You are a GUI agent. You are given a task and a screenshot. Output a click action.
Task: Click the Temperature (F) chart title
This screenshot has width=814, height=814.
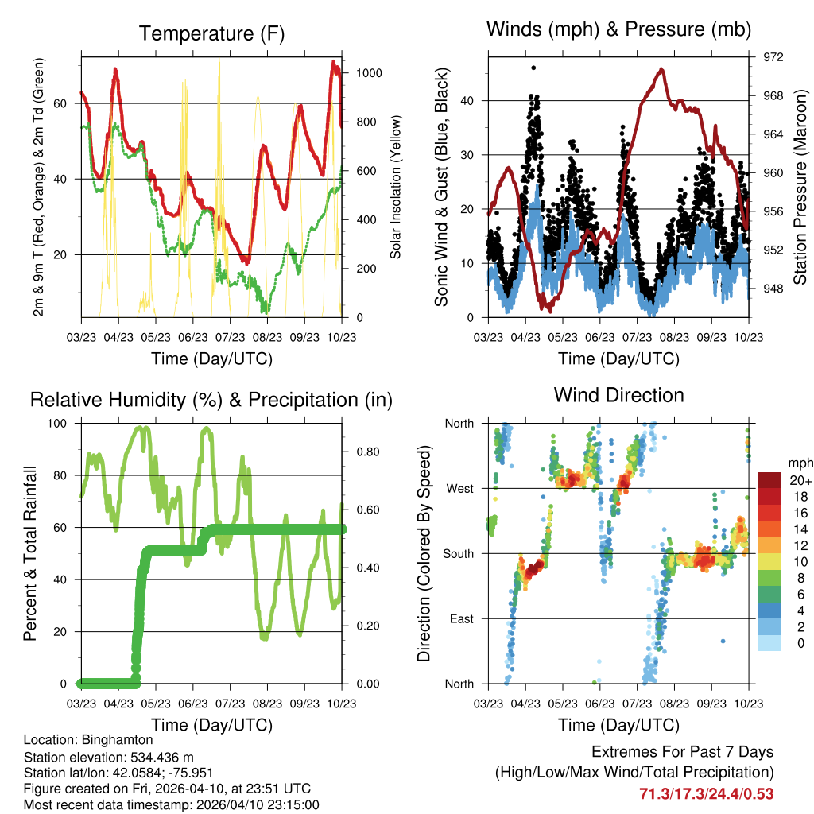pyautogui.click(x=211, y=33)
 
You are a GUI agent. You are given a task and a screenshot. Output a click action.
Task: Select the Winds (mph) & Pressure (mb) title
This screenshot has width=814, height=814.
pyautogui.click(x=618, y=30)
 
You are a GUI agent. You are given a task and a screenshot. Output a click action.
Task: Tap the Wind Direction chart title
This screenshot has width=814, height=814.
pyautogui.click(x=618, y=394)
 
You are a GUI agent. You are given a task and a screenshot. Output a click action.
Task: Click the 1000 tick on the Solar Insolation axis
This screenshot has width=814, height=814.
pyautogui.click(x=370, y=72)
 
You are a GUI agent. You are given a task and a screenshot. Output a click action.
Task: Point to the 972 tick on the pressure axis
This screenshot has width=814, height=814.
pyautogui.click(x=773, y=57)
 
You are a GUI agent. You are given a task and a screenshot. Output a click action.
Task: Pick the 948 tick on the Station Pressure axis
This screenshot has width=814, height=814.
pyautogui.click(x=773, y=289)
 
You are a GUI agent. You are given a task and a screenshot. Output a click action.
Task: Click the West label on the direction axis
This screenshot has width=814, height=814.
pyautogui.click(x=459, y=488)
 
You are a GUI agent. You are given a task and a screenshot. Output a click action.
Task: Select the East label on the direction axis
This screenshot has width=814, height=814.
pyautogui.click(x=462, y=618)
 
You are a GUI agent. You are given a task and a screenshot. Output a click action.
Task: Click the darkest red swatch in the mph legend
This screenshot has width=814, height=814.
pyautogui.click(x=769, y=481)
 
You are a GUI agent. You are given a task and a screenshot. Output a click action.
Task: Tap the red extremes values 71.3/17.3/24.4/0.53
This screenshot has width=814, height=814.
pyautogui.click(x=706, y=793)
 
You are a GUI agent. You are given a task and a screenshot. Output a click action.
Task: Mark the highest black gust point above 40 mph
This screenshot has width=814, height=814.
pyautogui.click(x=533, y=68)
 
